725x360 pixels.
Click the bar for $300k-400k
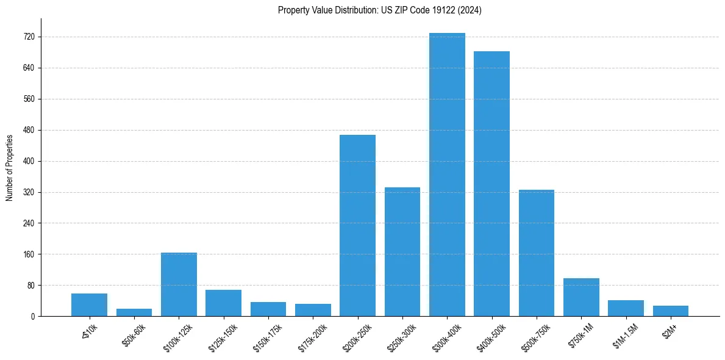click(x=447, y=175)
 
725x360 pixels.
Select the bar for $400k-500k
click(x=491, y=184)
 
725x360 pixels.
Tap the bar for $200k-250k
click(x=357, y=225)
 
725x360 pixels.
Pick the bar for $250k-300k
click(x=402, y=251)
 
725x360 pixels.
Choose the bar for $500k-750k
click(x=537, y=253)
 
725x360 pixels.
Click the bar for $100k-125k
click(x=179, y=284)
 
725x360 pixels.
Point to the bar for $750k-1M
click(x=581, y=297)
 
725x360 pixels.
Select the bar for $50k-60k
click(x=134, y=312)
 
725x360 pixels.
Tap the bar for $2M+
click(x=671, y=311)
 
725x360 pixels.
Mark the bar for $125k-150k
click(x=223, y=303)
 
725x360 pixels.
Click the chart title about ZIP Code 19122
click(x=380, y=10)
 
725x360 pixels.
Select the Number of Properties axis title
click(x=10, y=167)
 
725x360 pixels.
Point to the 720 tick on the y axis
click(x=29, y=37)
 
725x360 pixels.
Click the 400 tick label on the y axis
click(x=29, y=162)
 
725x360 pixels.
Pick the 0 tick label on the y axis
click(x=32, y=317)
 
